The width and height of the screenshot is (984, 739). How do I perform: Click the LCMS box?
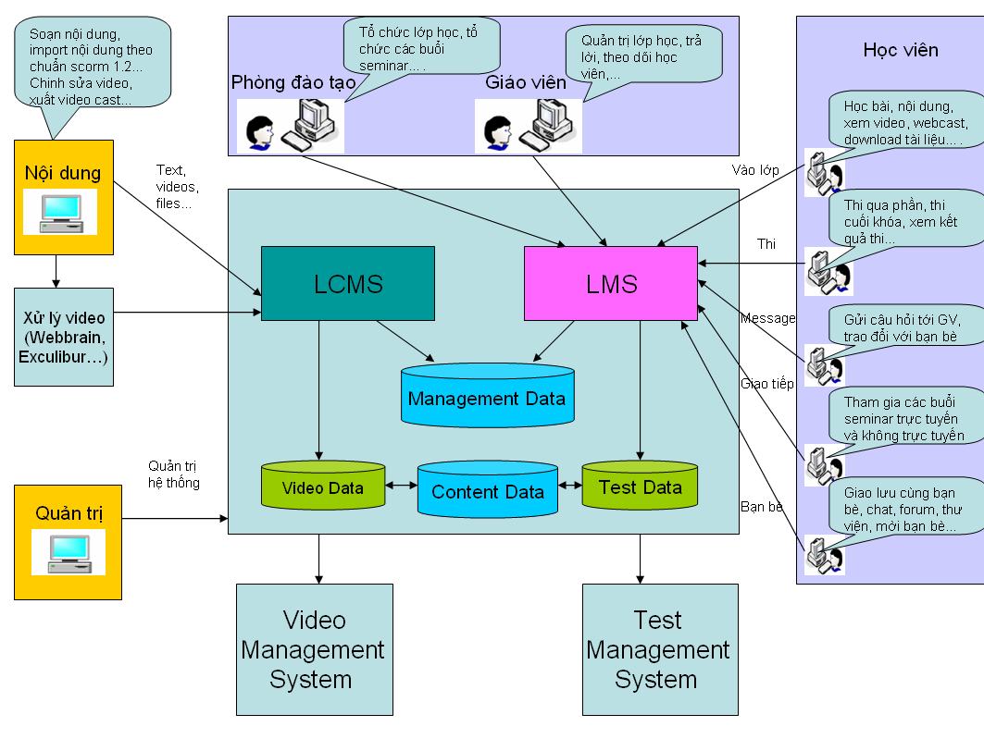[x=348, y=283]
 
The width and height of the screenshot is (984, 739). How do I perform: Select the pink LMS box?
[x=611, y=284]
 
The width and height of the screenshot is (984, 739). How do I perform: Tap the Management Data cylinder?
[x=487, y=399]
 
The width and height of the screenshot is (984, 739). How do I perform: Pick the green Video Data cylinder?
[x=322, y=487]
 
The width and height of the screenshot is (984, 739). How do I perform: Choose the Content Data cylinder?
[x=488, y=491]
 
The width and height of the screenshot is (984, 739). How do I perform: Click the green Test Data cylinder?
[x=640, y=487]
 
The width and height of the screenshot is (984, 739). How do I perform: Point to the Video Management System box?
[x=313, y=649]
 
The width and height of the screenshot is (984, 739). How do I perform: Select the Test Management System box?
[x=659, y=649]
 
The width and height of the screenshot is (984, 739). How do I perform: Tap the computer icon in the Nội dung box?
[x=61, y=213]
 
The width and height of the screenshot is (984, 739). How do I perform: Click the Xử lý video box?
[x=63, y=336]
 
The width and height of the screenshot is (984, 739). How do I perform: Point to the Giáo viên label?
[x=526, y=82]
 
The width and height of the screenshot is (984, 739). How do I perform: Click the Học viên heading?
[x=900, y=50]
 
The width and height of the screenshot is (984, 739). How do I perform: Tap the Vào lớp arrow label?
[x=755, y=169]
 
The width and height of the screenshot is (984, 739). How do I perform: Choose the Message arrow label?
[x=767, y=318]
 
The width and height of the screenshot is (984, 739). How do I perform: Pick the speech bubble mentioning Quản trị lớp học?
[x=642, y=58]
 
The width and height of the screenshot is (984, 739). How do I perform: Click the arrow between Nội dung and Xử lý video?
[x=56, y=271]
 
